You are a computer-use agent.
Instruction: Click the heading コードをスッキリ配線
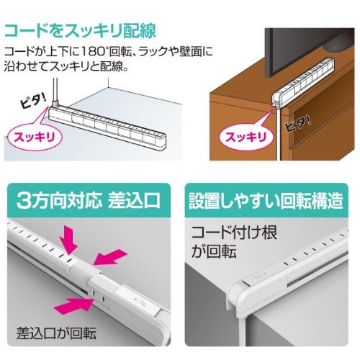[81, 31]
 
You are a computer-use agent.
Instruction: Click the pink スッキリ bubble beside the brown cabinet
[246, 138]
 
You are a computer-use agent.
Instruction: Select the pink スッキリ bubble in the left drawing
[35, 138]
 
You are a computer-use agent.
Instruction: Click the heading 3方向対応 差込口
[89, 200]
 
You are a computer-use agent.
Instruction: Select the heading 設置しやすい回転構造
[266, 200]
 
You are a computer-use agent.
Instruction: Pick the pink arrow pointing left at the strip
[110, 257]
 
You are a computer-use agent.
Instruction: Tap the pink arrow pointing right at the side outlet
[73, 305]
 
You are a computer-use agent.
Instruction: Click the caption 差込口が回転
[56, 333]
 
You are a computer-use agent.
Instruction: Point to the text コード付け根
[234, 233]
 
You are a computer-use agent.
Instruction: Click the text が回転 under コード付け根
[214, 251]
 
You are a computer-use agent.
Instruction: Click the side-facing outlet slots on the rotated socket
[99, 296]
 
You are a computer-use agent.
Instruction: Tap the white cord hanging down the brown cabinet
[278, 134]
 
